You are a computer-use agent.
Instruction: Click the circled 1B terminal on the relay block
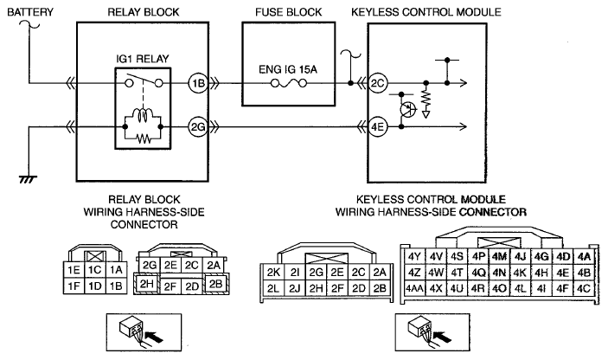[x=198, y=83]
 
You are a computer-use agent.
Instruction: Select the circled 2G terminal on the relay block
[x=198, y=127]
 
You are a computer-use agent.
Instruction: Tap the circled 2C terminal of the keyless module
[x=377, y=83]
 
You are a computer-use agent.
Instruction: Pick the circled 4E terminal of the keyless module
[x=377, y=127]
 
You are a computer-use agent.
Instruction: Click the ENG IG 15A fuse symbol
[x=289, y=83]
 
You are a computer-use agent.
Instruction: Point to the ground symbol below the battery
[x=28, y=179]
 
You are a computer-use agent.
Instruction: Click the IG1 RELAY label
[x=143, y=59]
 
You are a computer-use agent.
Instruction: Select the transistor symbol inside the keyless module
[x=407, y=109]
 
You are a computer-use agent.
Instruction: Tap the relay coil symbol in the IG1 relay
[x=143, y=115]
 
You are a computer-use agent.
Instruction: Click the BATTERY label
[x=30, y=12]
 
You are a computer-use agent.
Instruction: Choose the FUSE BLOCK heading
[x=289, y=12]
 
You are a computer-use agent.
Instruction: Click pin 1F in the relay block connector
[x=74, y=286]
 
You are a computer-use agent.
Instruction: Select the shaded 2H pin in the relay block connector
[x=146, y=284]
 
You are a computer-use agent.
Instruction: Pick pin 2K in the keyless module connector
[x=273, y=273]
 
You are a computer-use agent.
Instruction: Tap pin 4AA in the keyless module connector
[x=414, y=289]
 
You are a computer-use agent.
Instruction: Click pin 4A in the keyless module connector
[x=584, y=256]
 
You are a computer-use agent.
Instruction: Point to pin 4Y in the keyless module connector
[x=414, y=256]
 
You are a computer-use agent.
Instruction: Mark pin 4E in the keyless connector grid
[x=562, y=273]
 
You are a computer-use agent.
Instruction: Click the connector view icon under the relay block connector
[x=144, y=332]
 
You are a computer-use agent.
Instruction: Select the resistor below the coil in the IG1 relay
[x=143, y=138]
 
